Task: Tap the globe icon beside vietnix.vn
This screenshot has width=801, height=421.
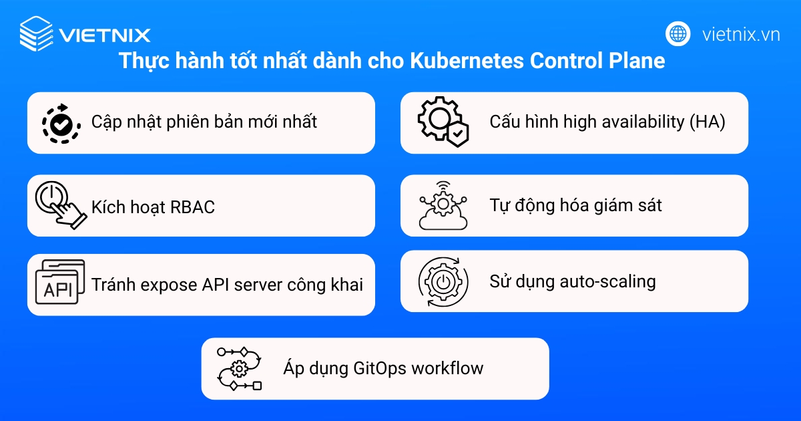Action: click(x=678, y=33)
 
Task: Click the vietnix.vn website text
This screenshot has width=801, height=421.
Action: click(x=741, y=34)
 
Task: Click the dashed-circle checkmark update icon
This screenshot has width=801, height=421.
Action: click(x=61, y=122)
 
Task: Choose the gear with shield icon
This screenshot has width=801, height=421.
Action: click(x=443, y=122)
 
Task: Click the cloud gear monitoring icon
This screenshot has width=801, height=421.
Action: click(x=443, y=205)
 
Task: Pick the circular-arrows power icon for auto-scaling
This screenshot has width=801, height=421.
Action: click(x=441, y=281)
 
